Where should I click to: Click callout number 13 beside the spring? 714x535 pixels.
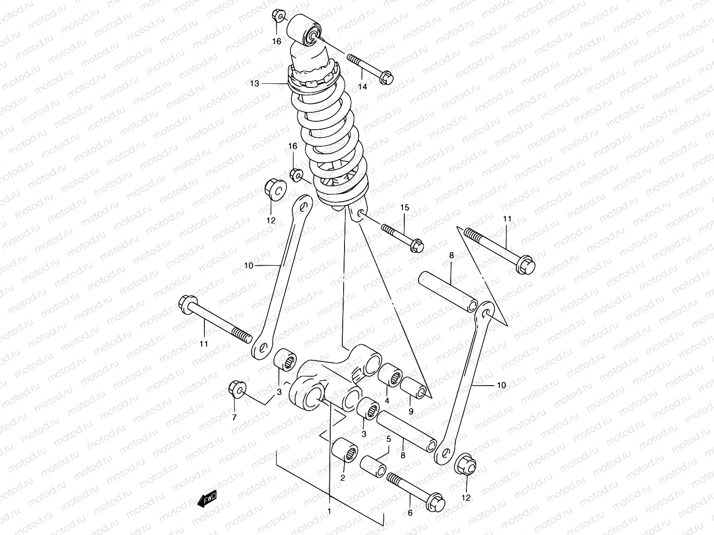coord(267,83)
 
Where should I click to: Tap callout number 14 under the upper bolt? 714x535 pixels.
coord(362,86)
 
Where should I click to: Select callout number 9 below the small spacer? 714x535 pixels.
coord(411,411)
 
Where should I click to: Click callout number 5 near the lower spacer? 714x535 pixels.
coord(389,439)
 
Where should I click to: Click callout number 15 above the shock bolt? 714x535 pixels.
coord(404,207)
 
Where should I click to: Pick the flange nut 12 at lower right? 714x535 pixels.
coord(465,466)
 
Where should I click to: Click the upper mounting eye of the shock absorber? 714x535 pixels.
coord(305,30)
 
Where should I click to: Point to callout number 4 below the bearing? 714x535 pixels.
coord(387,400)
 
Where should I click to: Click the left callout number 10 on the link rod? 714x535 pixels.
coord(249,266)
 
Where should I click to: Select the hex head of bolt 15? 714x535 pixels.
coord(416,245)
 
